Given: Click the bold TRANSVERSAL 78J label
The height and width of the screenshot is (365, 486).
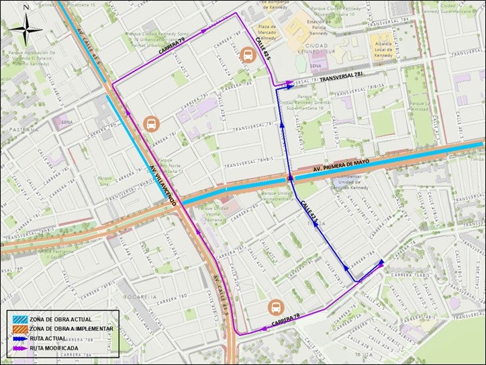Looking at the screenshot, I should pyautogui.click(x=345, y=79).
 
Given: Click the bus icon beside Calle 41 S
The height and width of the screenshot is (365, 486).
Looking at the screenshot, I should pyautogui.click(x=246, y=55).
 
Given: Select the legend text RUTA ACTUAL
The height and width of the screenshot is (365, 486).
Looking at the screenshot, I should pyautogui.click(x=52, y=339).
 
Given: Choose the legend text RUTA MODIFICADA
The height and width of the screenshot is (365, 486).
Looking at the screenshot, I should pyautogui.click(x=58, y=349).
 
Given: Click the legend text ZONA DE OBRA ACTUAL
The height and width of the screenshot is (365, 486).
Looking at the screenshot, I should pyautogui.click(x=61, y=319).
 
